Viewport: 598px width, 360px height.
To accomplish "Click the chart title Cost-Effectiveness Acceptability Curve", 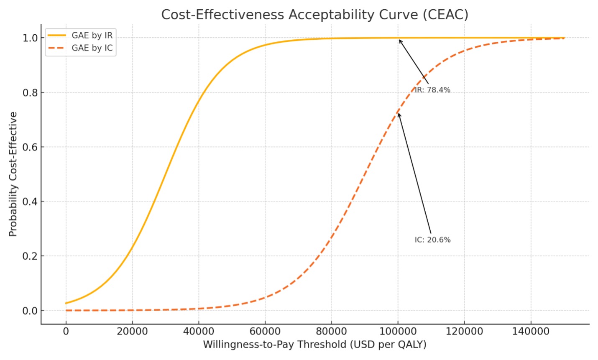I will click(x=314, y=15).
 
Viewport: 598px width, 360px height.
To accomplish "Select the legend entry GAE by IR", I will click(x=92, y=36).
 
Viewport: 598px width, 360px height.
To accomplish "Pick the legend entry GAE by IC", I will click(x=92, y=48).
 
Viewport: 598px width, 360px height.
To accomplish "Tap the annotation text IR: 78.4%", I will click(x=432, y=90).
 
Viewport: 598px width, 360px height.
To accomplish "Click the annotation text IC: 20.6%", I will click(x=432, y=240).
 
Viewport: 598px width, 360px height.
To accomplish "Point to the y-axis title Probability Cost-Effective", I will click(x=13, y=174).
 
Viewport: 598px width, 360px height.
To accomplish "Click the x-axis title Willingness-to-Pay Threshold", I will click(x=314, y=345).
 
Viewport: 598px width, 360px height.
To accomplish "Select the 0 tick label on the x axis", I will click(x=66, y=332).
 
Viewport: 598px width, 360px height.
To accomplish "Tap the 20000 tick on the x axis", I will click(x=132, y=332).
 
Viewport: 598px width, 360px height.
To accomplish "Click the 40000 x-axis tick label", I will click(x=199, y=332).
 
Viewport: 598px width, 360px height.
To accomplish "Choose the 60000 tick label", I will click(x=265, y=332).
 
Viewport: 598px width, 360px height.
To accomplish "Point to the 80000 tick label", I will click(x=332, y=332).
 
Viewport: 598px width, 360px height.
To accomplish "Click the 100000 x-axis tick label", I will click(x=398, y=332).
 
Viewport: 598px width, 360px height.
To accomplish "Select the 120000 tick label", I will click(x=464, y=332).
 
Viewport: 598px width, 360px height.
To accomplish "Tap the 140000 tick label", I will click(x=531, y=332).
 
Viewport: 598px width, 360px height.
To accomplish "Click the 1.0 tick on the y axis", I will click(x=30, y=38).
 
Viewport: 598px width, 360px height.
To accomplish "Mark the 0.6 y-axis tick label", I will click(x=30, y=147).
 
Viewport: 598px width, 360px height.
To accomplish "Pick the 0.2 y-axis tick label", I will click(x=30, y=256).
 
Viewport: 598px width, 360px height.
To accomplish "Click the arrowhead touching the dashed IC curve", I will click(x=399, y=114).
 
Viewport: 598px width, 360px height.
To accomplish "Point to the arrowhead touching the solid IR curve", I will click(x=400, y=41).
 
